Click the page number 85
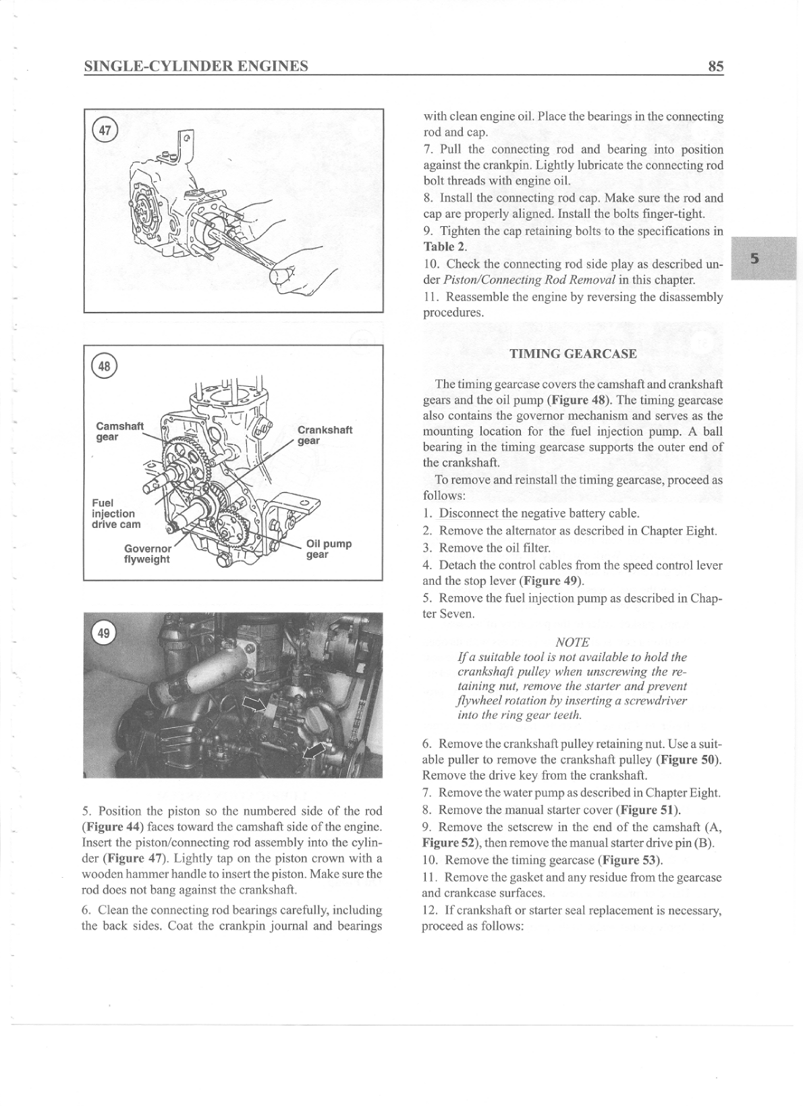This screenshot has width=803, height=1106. [x=715, y=66]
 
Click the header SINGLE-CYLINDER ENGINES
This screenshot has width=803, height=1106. [x=196, y=66]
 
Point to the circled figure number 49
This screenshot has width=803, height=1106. [x=105, y=633]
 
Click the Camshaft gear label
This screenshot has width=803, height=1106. [x=119, y=431]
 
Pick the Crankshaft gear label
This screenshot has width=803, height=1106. [x=324, y=435]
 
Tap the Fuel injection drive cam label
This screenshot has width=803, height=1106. [x=115, y=513]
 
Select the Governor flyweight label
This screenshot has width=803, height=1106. [x=148, y=554]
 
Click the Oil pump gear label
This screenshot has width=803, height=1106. [x=328, y=549]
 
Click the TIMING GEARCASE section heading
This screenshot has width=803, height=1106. [x=572, y=354]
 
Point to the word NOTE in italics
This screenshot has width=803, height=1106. [x=572, y=641]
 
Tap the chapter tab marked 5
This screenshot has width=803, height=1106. [x=754, y=258]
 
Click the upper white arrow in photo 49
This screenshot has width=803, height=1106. [x=253, y=705]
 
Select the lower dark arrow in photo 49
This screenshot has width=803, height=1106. [x=313, y=749]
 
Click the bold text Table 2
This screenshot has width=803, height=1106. [x=443, y=246]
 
